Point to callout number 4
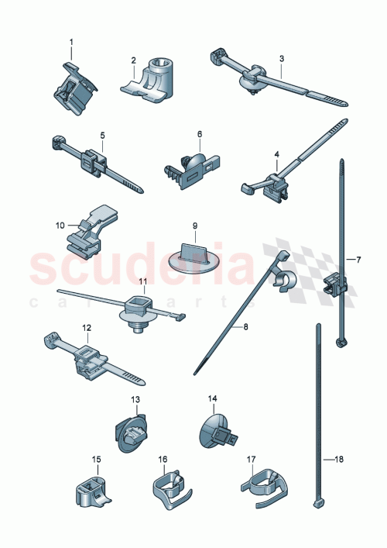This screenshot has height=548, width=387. pos(276,154)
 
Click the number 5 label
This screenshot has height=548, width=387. pos(102,135)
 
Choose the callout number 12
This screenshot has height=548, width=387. pos(87,328)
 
